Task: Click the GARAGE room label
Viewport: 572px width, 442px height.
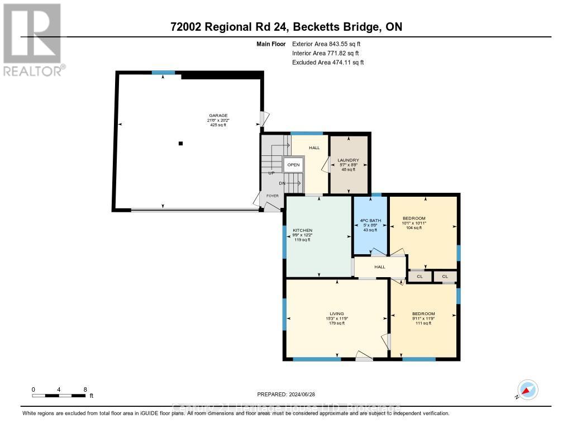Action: click(x=218, y=116)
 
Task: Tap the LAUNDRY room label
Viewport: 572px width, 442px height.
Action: click(x=348, y=160)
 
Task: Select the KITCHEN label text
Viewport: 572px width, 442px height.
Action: click(x=302, y=230)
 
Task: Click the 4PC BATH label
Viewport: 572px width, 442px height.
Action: click(x=370, y=221)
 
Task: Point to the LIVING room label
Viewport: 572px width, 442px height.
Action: click(x=336, y=313)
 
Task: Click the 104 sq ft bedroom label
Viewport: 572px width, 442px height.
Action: click(x=414, y=218)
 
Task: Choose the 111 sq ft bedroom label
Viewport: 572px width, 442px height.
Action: click(x=423, y=313)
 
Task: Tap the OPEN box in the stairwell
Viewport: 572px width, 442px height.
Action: click(x=293, y=165)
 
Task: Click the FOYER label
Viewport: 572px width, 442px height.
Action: click(x=272, y=196)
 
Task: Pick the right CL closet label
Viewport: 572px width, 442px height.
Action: click(x=445, y=276)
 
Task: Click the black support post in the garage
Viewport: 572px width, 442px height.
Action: click(x=180, y=144)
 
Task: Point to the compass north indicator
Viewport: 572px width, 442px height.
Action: click(x=527, y=389)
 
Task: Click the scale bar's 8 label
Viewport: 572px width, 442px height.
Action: click(x=85, y=389)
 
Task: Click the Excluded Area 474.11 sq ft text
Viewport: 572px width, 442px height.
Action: click(x=328, y=63)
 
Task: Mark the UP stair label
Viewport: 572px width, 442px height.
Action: click(x=272, y=173)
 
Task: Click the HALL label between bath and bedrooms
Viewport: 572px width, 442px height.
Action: click(x=380, y=267)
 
